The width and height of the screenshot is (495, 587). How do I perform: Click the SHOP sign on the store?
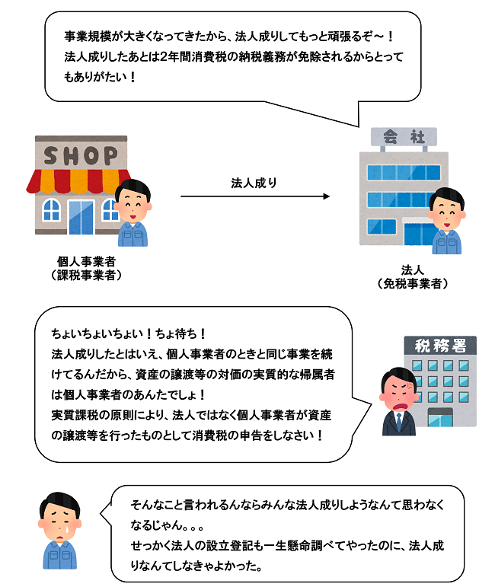click(81, 155)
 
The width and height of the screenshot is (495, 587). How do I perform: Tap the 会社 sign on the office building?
click(404, 138)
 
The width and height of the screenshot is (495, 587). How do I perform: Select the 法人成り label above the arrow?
click(254, 183)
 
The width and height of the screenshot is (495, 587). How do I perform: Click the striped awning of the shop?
click(76, 180)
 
